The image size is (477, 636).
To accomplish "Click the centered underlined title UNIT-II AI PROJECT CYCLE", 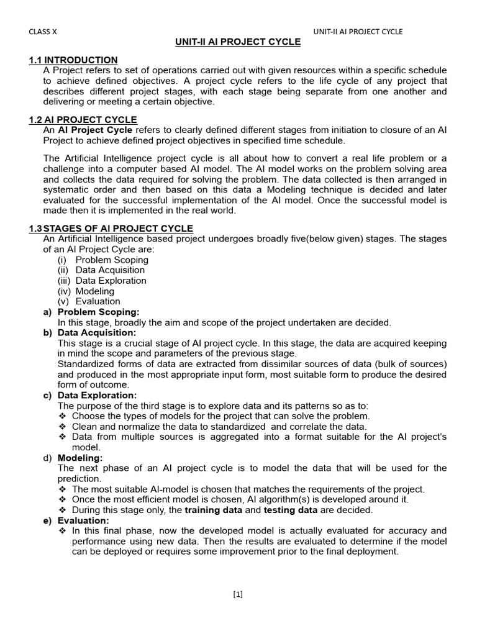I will tap(238, 42).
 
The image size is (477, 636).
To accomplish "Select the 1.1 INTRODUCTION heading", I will tap(73, 60).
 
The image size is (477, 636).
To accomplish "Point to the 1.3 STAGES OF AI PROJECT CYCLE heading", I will tap(111, 229).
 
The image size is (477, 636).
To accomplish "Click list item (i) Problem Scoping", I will tap(103, 260).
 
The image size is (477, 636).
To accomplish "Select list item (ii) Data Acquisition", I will tap(101, 270).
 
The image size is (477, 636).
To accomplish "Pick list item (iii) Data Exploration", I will tap(102, 281).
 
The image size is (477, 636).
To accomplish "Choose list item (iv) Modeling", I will tap(86, 291).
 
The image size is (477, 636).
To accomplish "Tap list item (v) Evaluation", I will tap(89, 301).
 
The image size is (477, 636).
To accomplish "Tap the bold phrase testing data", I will tap(291, 510).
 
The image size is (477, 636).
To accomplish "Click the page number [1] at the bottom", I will tap(238, 594).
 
